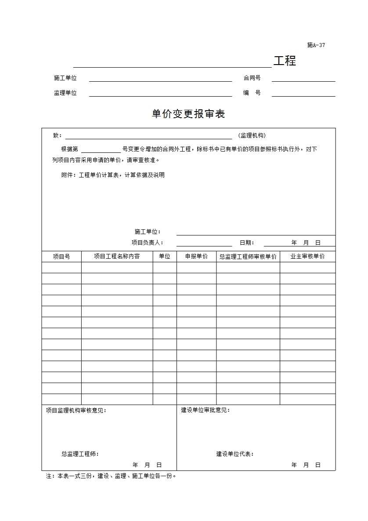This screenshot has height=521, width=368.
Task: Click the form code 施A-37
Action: coord(316,45)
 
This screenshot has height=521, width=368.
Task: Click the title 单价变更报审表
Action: coord(188,114)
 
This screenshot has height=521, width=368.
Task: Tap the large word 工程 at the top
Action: coord(285,61)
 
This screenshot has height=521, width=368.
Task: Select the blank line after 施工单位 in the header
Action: coord(160,78)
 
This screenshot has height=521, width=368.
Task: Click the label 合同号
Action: coord(252,78)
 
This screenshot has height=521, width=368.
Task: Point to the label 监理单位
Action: coord(65,93)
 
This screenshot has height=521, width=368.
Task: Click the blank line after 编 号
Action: coord(303,93)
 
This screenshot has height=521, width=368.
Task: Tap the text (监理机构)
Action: coord(252,135)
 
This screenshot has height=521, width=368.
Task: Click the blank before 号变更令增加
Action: coord(101,149)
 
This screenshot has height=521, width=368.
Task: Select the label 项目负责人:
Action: coord(148,242)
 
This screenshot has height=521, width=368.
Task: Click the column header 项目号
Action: coord(61,256)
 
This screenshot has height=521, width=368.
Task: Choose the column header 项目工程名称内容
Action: coord(117,256)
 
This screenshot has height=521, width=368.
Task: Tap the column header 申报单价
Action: coord(196,256)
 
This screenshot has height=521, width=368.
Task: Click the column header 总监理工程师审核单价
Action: coord(248,256)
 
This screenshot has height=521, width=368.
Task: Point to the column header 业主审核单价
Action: coord(307,256)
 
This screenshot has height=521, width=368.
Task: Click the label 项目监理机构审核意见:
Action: coord(76,410)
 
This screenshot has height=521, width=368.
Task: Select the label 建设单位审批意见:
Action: coord(206,410)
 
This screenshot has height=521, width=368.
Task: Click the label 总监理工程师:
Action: coord(80,454)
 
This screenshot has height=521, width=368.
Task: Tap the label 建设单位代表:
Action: coord(235,454)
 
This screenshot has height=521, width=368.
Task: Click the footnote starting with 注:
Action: coord(111,476)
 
